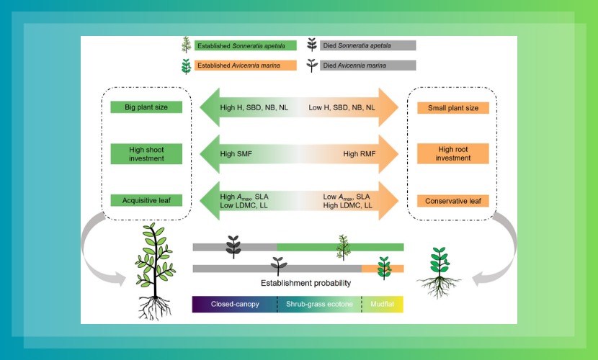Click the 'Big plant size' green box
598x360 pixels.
click(x=146, y=107)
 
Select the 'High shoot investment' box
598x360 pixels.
click(x=146, y=153)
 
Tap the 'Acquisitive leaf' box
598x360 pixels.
click(x=146, y=200)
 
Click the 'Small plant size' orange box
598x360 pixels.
click(x=452, y=107)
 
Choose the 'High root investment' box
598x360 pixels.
click(x=452, y=153)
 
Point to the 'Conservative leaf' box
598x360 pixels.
click(x=452, y=201)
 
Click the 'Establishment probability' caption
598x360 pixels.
click(x=298, y=283)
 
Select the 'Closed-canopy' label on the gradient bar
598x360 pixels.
click(x=235, y=305)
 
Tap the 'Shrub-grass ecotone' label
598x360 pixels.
click(x=319, y=305)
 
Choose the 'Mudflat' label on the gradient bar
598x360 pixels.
click(x=383, y=305)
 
